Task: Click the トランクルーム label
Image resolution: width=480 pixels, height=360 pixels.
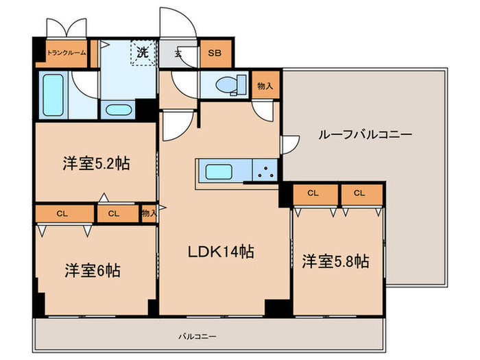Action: click(x=67, y=52)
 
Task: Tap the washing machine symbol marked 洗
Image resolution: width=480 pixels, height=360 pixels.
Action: click(x=142, y=51)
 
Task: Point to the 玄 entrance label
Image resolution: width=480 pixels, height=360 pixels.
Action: click(x=178, y=53)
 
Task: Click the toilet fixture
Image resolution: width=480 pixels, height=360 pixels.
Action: click(x=227, y=85)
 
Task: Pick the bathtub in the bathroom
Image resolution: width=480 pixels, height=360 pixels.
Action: click(x=52, y=95)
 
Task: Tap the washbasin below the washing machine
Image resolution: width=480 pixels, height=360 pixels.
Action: click(x=120, y=110)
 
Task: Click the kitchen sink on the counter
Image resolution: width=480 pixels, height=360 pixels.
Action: click(x=221, y=171)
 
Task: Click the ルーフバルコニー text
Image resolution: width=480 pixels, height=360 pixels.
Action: click(x=365, y=134)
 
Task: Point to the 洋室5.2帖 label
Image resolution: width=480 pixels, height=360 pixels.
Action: click(x=96, y=164)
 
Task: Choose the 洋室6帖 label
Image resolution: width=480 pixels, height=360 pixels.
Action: click(x=93, y=269)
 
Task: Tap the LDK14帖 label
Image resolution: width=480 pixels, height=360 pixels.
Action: click(x=221, y=252)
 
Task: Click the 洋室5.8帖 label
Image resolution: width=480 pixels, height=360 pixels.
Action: click(x=335, y=261)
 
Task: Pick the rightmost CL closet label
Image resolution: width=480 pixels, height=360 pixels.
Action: click(x=359, y=193)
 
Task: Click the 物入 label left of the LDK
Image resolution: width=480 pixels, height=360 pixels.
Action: click(x=149, y=213)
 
